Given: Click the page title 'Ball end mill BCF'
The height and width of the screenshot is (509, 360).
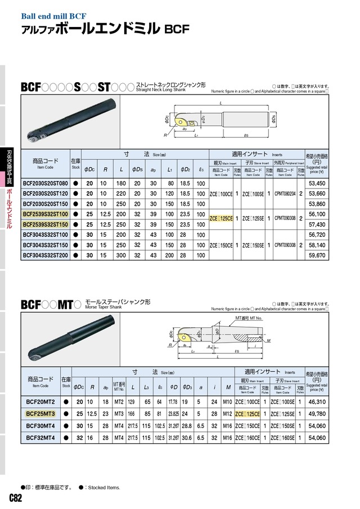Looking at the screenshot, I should (55, 16).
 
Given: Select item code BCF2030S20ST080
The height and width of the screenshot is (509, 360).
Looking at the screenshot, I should (44, 183).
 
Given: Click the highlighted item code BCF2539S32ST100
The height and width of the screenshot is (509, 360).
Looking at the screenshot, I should (44, 215).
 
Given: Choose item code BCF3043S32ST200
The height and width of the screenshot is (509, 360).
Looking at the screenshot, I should (44, 254).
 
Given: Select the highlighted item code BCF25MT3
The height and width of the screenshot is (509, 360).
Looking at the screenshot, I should (40, 413).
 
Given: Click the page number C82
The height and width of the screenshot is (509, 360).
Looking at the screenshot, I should (15, 499).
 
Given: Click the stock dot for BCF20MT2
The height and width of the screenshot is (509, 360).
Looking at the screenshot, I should (66, 402).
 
